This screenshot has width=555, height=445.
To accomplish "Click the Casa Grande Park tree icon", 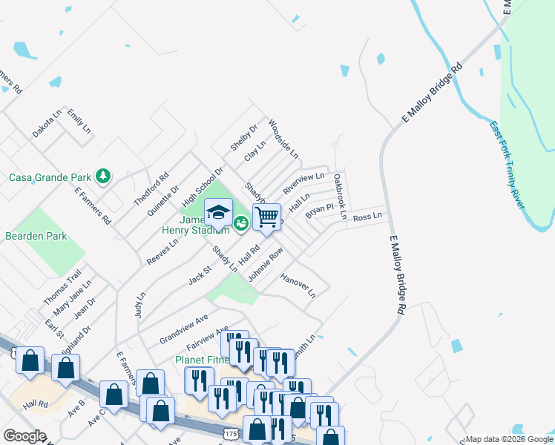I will click(x=104, y=177).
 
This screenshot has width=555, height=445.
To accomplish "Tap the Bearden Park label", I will click(x=36, y=236).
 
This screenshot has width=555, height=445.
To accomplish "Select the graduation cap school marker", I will click(x=218, y=213).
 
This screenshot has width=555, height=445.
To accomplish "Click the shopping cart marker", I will click(x=266, y=217).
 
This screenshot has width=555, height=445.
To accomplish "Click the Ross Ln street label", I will click(x=367, y=217).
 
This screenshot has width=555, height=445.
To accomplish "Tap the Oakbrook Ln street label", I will click(x=340, y=197).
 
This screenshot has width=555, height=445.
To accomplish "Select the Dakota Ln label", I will click(x=46, y=124).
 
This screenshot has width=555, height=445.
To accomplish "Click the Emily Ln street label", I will click(x=79, y=121).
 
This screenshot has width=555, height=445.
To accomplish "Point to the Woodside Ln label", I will click(x=283, y=139).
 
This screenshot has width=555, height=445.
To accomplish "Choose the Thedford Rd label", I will click(x=151, y=188).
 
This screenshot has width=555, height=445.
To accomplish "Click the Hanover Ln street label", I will click(x=298, y=286).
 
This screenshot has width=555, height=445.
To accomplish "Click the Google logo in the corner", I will click(x=24, y=436).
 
